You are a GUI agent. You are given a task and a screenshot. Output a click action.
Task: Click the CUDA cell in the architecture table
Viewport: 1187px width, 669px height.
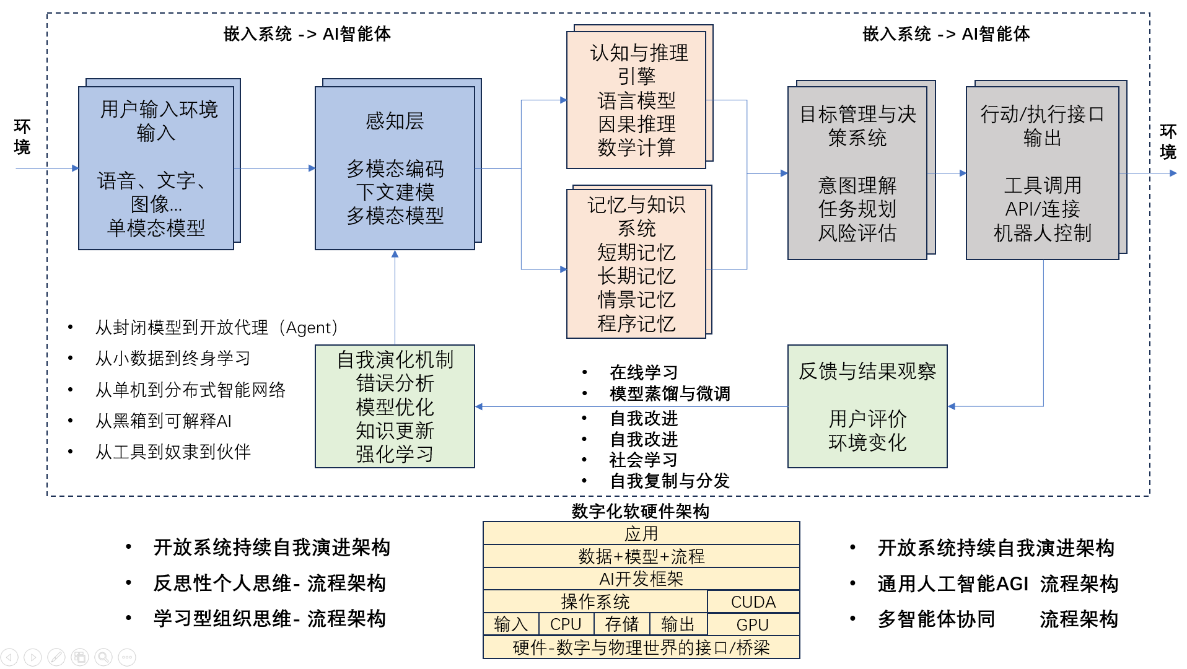(753, 601)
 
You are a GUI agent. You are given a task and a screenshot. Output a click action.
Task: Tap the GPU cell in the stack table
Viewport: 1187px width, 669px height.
(753, 624)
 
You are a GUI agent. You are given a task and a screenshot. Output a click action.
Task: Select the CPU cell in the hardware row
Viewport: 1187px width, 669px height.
(565, 624)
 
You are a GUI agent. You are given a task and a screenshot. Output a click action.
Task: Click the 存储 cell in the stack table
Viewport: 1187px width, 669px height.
(621, 624)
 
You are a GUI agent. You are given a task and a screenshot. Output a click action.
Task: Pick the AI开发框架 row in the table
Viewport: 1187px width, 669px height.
(641, 579)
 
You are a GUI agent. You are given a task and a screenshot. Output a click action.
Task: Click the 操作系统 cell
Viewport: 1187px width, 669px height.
(595, 601)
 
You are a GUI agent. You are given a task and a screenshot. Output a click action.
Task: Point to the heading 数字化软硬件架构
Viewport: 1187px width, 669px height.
(640, 511)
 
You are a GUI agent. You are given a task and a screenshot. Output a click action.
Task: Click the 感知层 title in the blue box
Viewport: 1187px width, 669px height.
(395, 121)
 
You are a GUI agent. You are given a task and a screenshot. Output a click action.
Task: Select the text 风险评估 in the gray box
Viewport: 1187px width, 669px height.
(857, 233)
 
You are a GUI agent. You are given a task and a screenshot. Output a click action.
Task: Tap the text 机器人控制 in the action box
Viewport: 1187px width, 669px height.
(1042, 233)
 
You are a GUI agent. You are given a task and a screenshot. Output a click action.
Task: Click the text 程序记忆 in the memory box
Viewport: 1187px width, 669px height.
(636, 323)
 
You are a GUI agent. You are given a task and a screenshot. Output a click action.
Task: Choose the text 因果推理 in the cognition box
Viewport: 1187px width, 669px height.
(636, 124)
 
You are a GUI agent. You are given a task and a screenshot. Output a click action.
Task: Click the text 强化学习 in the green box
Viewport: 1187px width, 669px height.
(395, 454)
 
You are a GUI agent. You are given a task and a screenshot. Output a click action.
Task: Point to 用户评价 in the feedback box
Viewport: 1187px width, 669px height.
(867, 419)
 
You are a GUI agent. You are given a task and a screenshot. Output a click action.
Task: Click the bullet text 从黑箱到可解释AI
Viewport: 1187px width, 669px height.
(163, 421)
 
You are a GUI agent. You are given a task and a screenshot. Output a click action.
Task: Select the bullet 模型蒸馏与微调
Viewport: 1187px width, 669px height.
(669, 393)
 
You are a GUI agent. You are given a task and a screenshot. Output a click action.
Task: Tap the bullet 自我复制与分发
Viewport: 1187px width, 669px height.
(669, 481)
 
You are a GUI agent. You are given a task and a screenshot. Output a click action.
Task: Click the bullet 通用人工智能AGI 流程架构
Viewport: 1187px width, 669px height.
(997, 584)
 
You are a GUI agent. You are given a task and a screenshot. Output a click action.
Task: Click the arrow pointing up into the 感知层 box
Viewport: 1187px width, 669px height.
(395, 255)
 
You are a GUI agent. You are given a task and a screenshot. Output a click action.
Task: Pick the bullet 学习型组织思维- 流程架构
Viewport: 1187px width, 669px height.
(269, 618)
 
